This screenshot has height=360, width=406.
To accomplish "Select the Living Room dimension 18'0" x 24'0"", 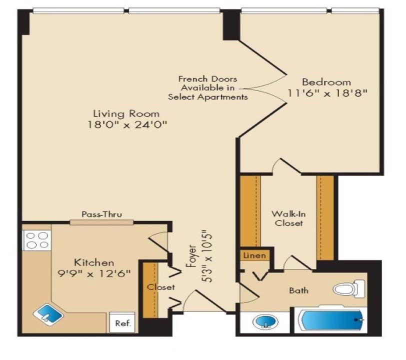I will click(x=126, y=125).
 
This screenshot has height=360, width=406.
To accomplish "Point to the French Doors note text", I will click(x=208, y=88).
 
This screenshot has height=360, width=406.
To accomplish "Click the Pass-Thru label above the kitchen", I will click(x=101, y=214).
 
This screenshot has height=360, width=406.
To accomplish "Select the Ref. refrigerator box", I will click(x=122, y=323).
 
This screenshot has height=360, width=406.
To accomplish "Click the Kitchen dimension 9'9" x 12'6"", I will click(x=94, y=273).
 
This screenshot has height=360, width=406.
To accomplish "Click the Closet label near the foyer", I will click(x=160, y=287).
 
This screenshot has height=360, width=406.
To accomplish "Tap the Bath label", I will click(x=298, y=290).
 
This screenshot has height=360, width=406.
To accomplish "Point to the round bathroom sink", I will click(x=265, y=321).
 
